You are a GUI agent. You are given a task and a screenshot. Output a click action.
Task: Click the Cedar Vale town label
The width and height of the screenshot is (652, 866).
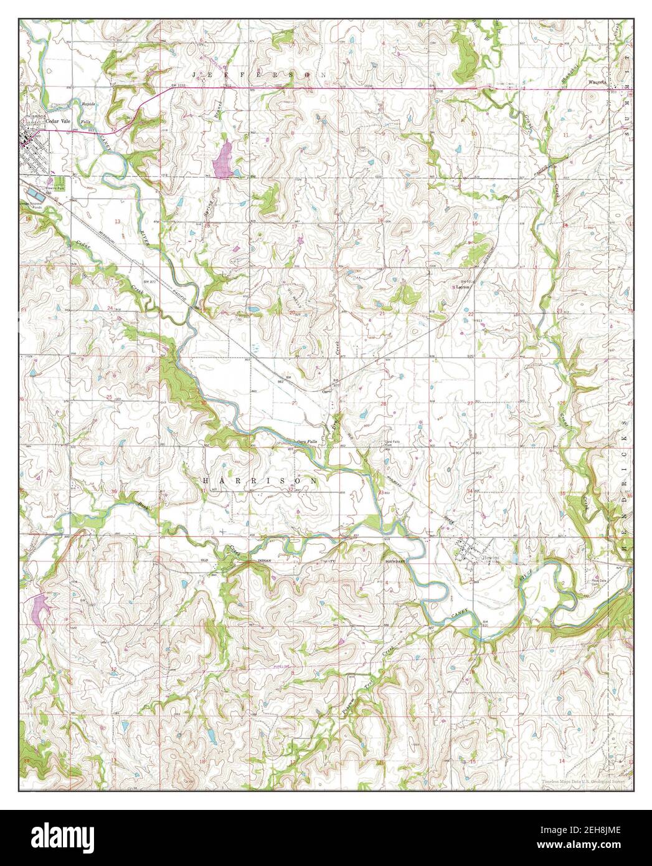click(54, 123)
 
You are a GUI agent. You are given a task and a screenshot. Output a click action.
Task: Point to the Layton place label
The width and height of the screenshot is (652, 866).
click(461, 287)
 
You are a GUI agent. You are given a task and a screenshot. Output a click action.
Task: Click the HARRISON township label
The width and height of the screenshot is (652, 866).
click(260, 482)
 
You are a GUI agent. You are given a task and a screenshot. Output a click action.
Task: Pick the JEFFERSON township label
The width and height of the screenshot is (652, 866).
click(260, 74)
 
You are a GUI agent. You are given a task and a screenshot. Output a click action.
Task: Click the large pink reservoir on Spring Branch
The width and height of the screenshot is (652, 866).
click(222, 160)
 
